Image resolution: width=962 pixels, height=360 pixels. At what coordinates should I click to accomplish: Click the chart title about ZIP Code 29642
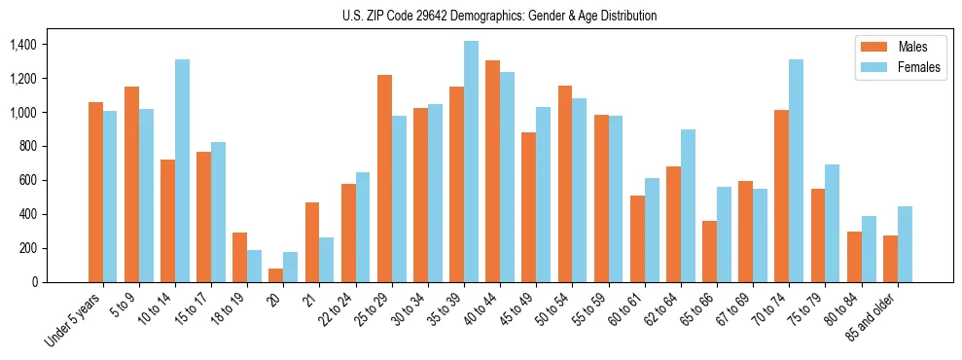pyautogui.click(x=499, y=16)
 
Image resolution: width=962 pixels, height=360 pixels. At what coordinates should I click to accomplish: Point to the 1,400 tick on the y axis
pyautogui.click(x=22, y=45)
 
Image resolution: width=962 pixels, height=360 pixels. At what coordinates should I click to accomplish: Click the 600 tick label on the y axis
pyautogui.click(x=28, y=180)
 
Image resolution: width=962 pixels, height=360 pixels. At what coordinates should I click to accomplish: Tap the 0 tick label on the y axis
pyautogui.click(x=35, y=282)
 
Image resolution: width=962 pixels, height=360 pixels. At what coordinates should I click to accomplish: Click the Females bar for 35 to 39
pyautogui.click(x=471, y=162)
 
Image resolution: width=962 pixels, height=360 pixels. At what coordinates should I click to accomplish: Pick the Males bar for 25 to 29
pyautogui.click(x=384, y=178)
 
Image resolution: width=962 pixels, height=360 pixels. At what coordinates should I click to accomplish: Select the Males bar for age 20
pyautogui.click(x=276, y=275)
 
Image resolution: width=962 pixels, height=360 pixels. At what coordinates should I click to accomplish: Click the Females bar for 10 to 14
pyautogui.click(x=183, y=170)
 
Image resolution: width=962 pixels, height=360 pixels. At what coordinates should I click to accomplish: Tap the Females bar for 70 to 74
pyautogui.click(x=796, y=170)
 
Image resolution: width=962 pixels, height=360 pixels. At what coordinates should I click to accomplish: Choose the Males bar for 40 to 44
pyautogui.click(x=492, y=171)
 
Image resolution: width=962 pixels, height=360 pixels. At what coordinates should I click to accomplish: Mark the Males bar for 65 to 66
pyautogui.click(x=709, y=251)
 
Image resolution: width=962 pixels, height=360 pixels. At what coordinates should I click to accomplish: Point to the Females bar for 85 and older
pyautogui.click(x=904, y=244)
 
